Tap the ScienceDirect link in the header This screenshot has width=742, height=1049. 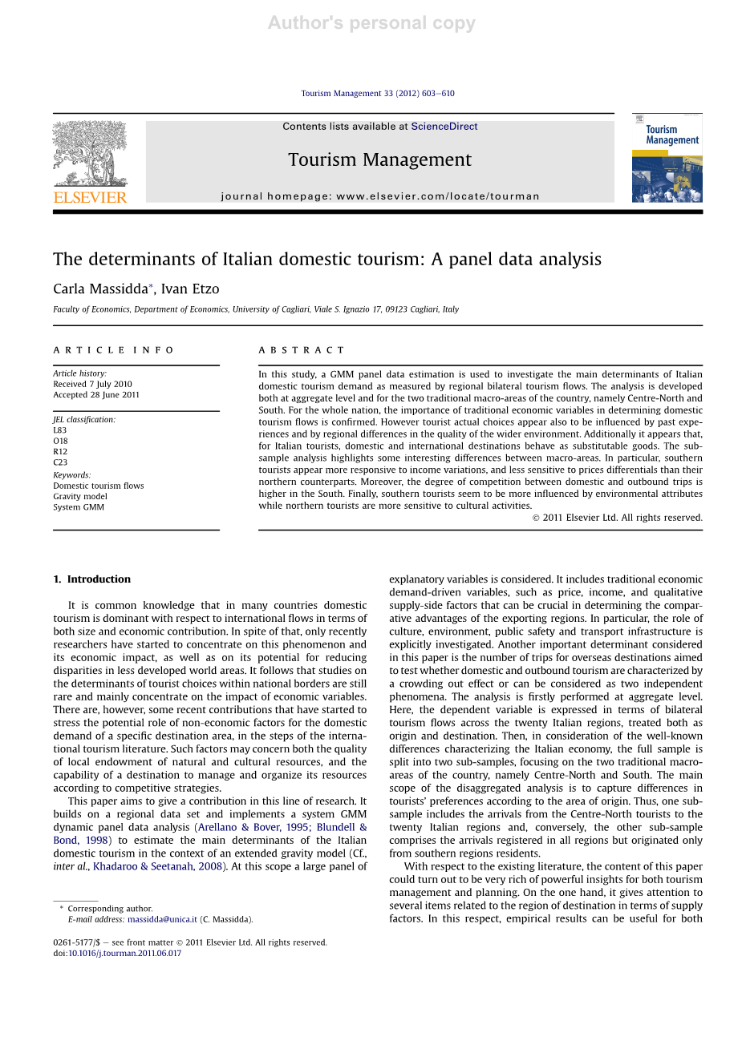click(x=444, y=127)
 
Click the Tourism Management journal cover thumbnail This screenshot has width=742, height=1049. click(x=667, y=158)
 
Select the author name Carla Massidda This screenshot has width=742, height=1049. click(x=100, y=289)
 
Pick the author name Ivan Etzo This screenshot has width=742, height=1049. click(x=190, y=289)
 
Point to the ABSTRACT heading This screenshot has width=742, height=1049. click(x=301, y=350)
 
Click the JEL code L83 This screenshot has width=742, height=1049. click(x=60, y=430)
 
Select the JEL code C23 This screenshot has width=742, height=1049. click(x=60, y=462)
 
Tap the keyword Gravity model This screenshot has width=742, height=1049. click(x=80, y=496)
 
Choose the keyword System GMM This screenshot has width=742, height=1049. click(x=79, y=507)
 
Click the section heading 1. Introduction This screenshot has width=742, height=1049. click(x=91, y=579)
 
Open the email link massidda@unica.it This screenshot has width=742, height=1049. click(x=162, y=919)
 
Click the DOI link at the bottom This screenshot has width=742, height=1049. click(x=124, y=954)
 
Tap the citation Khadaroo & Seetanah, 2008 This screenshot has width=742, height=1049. click(x=157, y=866)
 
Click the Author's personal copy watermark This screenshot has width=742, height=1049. click(x=371, y=23)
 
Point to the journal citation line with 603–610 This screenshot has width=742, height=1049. click(x=378, y=94)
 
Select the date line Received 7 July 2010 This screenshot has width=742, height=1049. click(x=92, y=385)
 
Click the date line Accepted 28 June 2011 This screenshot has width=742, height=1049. click(x=96, y=395)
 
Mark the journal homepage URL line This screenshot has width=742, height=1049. click(x=380, y=196)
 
